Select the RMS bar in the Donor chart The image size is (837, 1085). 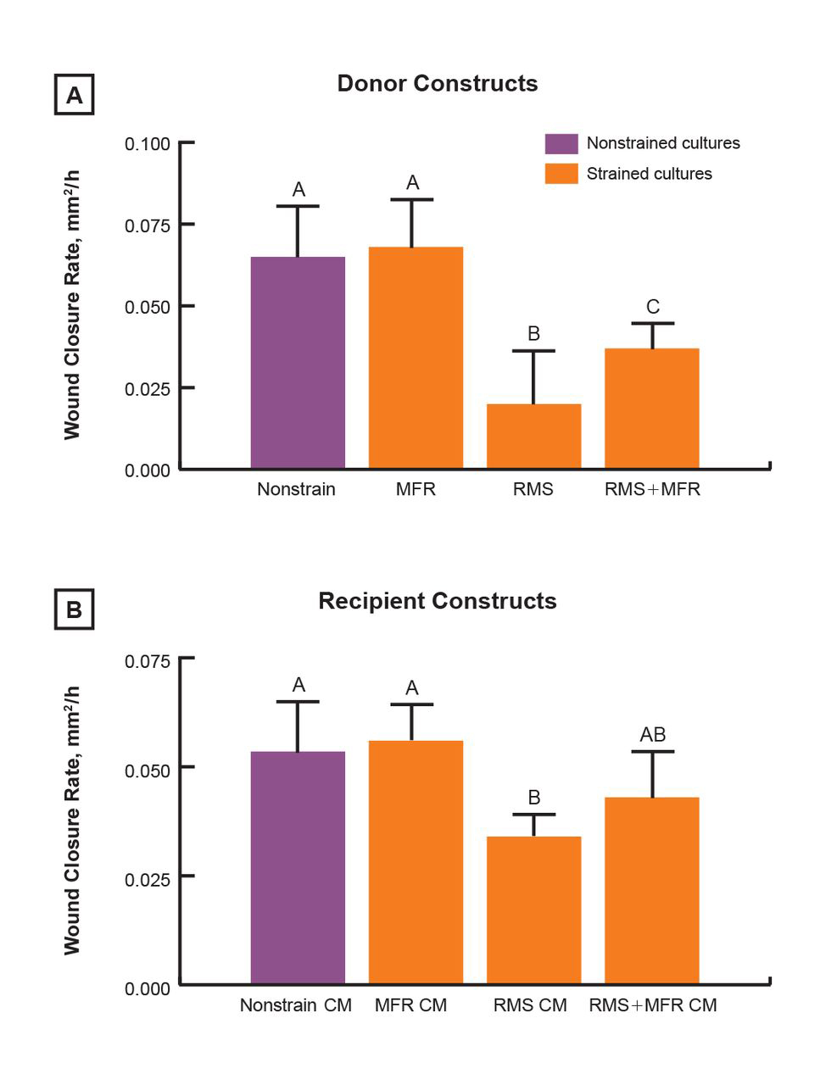coord(533,436)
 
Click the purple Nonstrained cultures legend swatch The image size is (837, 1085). coord(561,143)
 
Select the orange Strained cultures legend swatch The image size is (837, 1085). coord(561,174)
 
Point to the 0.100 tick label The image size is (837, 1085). coord(148,144)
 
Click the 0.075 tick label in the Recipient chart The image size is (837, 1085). coord(148,661)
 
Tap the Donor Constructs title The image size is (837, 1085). coord(438,84)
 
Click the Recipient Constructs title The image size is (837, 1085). coord(438,601)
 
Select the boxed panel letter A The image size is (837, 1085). coord(75,95)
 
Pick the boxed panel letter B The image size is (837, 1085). coord(75,609)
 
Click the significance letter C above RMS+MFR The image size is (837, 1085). coord(652,307)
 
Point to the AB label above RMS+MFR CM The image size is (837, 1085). coord(652,735)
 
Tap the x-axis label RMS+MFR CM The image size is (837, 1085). coord(653,1005)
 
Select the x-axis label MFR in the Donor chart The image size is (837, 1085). coord(416,490)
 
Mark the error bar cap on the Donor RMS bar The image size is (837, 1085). coord(533,351)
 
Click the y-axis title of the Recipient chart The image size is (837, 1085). coord(73,821)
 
